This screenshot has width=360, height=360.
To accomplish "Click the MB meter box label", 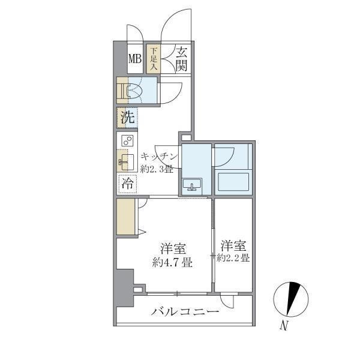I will pyautogui.click(x=135, y=59).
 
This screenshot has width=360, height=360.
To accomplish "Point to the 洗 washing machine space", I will pyautogui.click(x=127, y=118).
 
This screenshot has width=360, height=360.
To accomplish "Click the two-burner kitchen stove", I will pyautogui.click(x=127, y=141).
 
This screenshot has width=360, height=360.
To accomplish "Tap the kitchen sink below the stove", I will pyautogui.click(x=125, y=160).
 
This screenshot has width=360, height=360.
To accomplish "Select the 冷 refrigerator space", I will pyautogui.click(x=127, y=184).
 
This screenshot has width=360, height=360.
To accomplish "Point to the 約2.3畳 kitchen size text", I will pyautogui.click(x=157, y=169).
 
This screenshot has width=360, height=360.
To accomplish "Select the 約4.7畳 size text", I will pyautogui.click(x=172, y=262).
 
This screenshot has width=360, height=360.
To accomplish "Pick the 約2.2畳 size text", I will pyautogui.click(x=233, y=259).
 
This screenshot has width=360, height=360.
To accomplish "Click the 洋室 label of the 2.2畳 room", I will pyautogui.click(x=233, y=246).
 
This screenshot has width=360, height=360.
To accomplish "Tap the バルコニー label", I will pyautogui.click(x=185, y=311).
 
